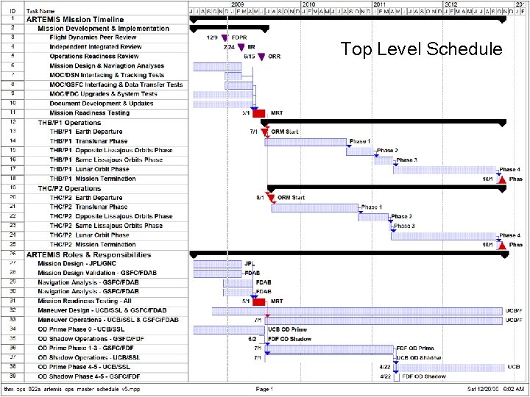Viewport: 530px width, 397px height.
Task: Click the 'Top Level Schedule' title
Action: pos(421,49)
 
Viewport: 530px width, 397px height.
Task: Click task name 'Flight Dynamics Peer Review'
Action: pos(93,37)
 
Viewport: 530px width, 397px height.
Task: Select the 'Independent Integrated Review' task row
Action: pos(96,47)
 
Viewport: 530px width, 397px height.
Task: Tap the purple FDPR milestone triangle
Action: pos(225,37)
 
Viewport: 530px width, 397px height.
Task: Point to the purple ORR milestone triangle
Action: pos(261,57)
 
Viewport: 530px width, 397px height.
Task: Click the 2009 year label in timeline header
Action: pos(238,4)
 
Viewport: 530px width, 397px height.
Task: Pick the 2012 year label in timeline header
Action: pos(450,4)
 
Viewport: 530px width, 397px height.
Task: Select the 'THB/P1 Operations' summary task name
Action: pos(69,122)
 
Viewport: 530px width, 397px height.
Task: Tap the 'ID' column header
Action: pos(13,12)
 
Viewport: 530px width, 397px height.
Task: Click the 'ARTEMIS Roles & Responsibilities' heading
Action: pos(88,254)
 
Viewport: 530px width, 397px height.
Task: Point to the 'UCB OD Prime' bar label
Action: pos(287,329)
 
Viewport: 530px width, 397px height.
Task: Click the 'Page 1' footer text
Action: pos(264,388)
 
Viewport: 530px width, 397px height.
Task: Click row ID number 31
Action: pos(13,301)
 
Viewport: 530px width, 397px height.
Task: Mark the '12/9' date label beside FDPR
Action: pos(212,37)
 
